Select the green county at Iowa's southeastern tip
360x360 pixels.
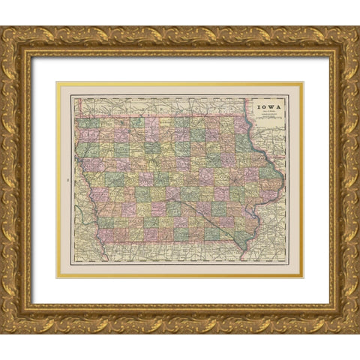tap(242, 238)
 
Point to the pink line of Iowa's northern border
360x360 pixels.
tap(165, 117)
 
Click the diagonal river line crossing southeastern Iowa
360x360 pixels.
tap(210, 217)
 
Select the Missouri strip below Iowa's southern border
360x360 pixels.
tap(172, 252)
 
